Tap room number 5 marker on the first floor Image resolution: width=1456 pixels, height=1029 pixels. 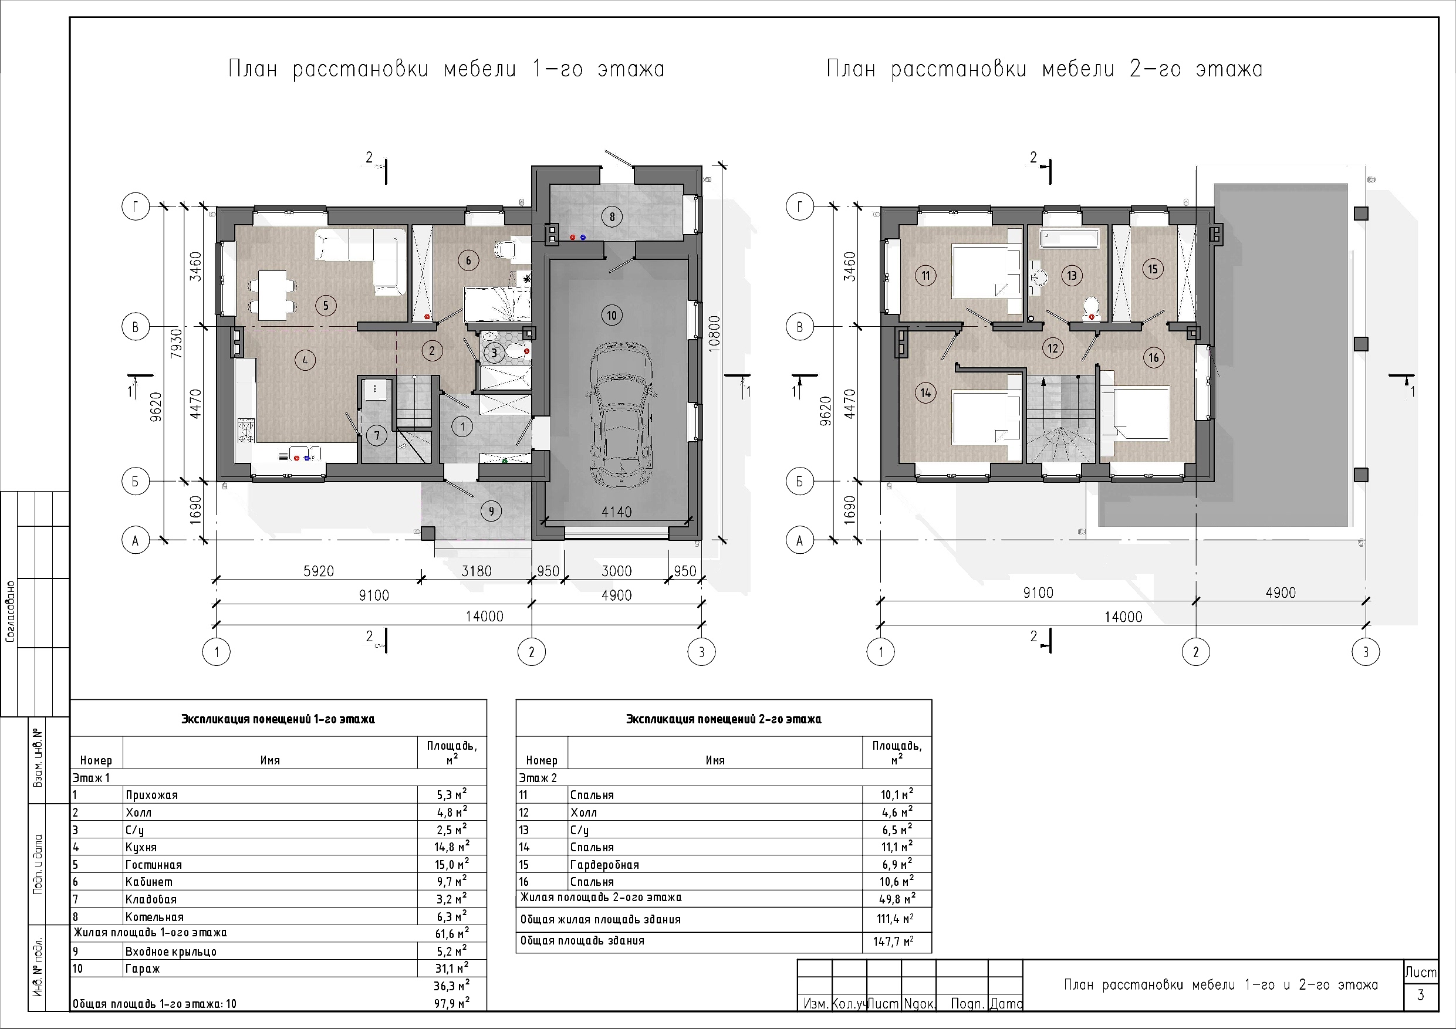326,306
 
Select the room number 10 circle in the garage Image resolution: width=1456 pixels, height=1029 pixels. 612,315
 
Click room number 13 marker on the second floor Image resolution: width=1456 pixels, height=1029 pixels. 1072,275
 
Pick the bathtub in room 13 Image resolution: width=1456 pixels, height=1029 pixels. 1069,239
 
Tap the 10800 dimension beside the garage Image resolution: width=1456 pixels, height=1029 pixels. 716,353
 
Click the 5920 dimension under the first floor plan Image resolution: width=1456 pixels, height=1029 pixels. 318,571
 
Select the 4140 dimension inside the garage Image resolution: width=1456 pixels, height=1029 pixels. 616,511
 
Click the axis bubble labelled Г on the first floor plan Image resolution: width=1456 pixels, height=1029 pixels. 135,206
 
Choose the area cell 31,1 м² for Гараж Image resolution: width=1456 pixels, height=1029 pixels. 452,967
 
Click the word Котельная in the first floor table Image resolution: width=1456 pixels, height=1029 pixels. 154,917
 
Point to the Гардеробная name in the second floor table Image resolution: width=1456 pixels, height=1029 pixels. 604,865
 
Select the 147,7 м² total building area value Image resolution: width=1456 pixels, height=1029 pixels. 894,942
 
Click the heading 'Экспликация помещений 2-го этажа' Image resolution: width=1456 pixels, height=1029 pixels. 724,719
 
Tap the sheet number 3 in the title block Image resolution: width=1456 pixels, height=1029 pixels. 1420,995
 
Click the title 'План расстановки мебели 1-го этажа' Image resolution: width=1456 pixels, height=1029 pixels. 447,69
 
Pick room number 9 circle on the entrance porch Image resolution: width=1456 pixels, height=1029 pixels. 491,511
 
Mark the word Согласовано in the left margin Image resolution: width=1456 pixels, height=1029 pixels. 10,612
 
